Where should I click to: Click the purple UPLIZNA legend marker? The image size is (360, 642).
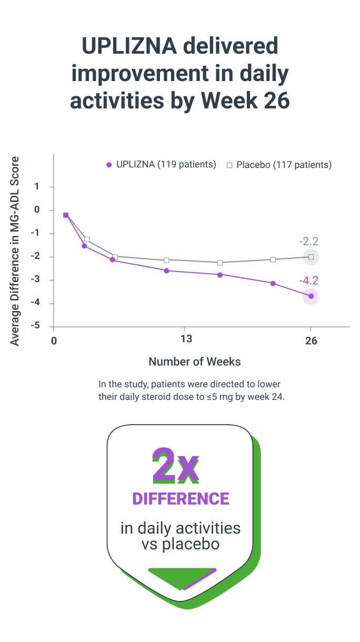pyautogui.click(x=109, y=165)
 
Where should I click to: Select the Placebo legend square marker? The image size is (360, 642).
pyautogui.click(x=229, y=165)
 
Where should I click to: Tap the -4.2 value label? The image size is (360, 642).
pyautogui.click(x=309, y=280)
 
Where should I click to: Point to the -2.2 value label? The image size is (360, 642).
pyautogui.click(x=309, y=242)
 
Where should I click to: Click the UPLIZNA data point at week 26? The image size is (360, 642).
pyautogui.click(x=311, y=296)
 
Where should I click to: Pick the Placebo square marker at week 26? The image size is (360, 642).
pyautogui.click(x=311, y=257)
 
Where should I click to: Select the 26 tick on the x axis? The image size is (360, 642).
pyautogui.click(x=311, y=340)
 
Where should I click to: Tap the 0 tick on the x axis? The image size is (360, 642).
pyautogui.click(x=54, y=340)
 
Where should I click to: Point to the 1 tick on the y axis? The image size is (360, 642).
pyautogui.click(x=37, y=187)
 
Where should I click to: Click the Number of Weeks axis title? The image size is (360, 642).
pyautogui.click(x=194, y=362)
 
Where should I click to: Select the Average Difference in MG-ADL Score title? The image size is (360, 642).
pyautogui.click(x=15, y=251)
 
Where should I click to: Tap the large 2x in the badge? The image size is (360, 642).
pyautogui.click(x=176, y=466)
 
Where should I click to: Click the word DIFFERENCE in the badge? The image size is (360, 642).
pyautogui.click(x=181, y=499)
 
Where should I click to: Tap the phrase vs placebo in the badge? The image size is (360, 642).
pyautogui.click(x=181, y=544)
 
